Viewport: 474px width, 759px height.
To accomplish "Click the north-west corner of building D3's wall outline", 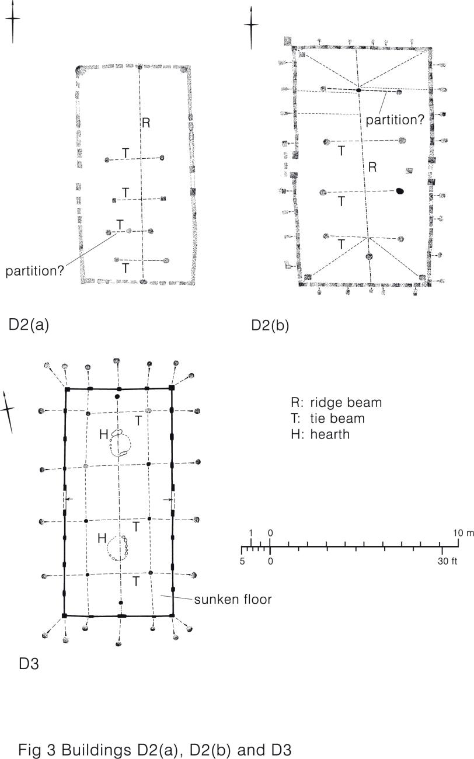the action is point(67,389).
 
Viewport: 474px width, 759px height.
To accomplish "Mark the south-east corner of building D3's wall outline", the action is point(172,615).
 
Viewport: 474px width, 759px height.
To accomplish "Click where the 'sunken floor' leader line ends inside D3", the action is point(161,596).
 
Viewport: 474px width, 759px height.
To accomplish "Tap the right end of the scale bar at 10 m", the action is point(458,546).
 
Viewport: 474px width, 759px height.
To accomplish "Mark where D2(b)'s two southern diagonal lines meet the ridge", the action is point(368,238).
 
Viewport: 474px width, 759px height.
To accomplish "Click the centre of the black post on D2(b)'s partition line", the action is point(358,90).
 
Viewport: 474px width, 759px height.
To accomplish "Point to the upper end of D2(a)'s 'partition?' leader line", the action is point(117,234).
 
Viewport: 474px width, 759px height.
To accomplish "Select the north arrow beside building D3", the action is point(8,412).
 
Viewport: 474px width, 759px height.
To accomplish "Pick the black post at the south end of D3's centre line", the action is point(121,603).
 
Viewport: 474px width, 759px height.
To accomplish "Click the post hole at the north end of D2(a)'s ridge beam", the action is point(140,67).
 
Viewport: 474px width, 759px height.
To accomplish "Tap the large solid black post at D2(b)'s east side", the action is point(400,191).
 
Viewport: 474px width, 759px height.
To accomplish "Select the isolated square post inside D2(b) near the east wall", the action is point(410,170).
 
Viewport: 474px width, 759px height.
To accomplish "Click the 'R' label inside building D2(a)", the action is point(146,123).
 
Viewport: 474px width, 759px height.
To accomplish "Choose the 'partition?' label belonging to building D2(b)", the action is point(395,120).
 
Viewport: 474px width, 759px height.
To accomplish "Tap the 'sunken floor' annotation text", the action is point(233,600).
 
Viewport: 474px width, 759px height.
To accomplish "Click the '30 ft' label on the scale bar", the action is point(447,561).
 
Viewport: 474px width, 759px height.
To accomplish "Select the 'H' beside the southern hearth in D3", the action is point(102,538).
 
